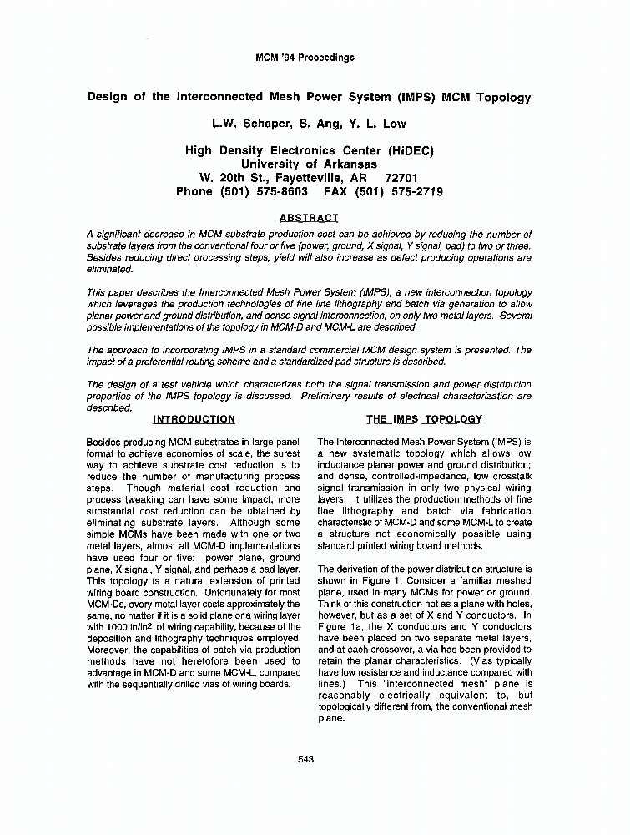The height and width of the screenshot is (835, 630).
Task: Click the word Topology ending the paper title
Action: coord(503,97)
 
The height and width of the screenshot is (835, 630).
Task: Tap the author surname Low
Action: coord(394,124)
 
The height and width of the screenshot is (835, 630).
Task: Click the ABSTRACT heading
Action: coord(309,218)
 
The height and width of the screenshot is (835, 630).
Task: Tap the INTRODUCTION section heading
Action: coord(194,419)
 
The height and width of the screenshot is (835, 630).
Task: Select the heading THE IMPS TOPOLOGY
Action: coord(424,419)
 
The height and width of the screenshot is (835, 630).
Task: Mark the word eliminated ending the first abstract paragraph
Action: coord(109,270)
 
